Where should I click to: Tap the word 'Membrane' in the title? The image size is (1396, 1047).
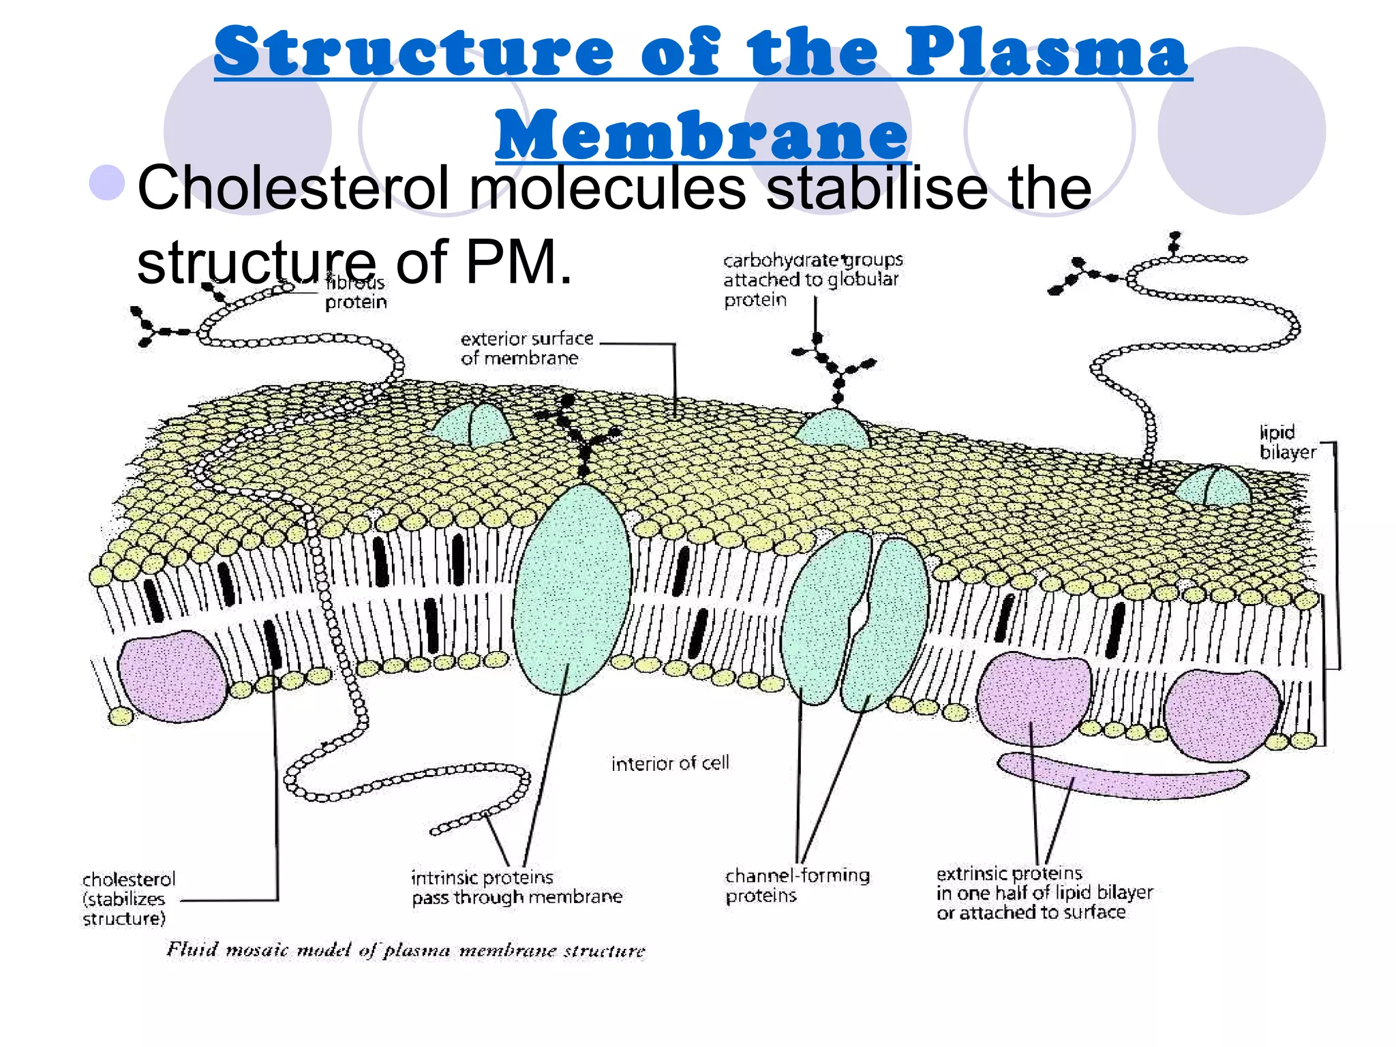tap(702, 134)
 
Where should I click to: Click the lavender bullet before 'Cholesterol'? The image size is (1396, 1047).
tap(107, 183)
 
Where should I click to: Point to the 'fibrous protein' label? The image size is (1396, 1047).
tap(355, 292)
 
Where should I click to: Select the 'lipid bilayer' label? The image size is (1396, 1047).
tap(1287, 442)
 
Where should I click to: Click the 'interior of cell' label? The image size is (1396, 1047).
tap(669, 763)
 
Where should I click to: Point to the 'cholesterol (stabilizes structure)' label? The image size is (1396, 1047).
tap(128, 898)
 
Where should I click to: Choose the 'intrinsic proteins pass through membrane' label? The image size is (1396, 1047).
tap(516, 887)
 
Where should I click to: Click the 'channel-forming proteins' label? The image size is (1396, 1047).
tap(796, 885)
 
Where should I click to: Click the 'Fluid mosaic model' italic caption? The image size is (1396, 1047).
tap(405, 950)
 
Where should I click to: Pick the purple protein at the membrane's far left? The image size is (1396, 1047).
tap(172, 675)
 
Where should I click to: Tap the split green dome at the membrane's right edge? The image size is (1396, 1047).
tap(1213, 486)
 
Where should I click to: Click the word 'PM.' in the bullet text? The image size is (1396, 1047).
tap(518, 262)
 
